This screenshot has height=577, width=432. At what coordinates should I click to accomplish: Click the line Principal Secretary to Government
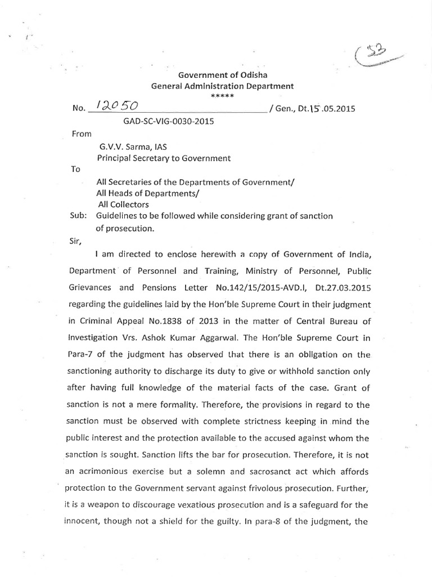coord(164,158)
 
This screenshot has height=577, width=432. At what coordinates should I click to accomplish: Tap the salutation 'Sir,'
coord(75,241)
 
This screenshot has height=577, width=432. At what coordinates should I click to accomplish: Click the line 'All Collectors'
coord(123,204)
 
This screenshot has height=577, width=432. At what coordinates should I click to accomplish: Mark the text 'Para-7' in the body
coord(83,354)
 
